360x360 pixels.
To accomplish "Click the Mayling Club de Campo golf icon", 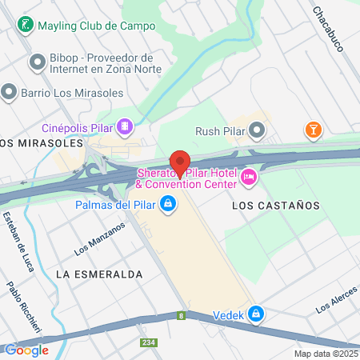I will click(26, 25).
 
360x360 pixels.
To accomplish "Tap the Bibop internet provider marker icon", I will click(36, 62).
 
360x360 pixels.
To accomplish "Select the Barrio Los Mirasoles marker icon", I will click(9, 92).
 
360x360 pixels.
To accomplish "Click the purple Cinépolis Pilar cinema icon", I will click(125, 126).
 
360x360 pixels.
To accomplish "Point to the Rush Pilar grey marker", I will click(257, 129).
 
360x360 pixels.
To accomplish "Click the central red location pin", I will click(180, 162).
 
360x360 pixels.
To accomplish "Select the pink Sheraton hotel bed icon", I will click(248, 176).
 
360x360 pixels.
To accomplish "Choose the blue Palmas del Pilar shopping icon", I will click(167, 205).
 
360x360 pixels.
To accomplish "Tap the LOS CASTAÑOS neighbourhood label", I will click(275, 206).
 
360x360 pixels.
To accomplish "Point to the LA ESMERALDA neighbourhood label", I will click(99, 274).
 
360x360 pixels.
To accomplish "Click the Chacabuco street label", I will click(328, 30).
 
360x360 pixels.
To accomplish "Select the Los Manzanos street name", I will click(100, 238).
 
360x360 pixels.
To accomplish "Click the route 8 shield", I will click(182, 315).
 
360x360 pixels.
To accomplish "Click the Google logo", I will click(26, 350).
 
